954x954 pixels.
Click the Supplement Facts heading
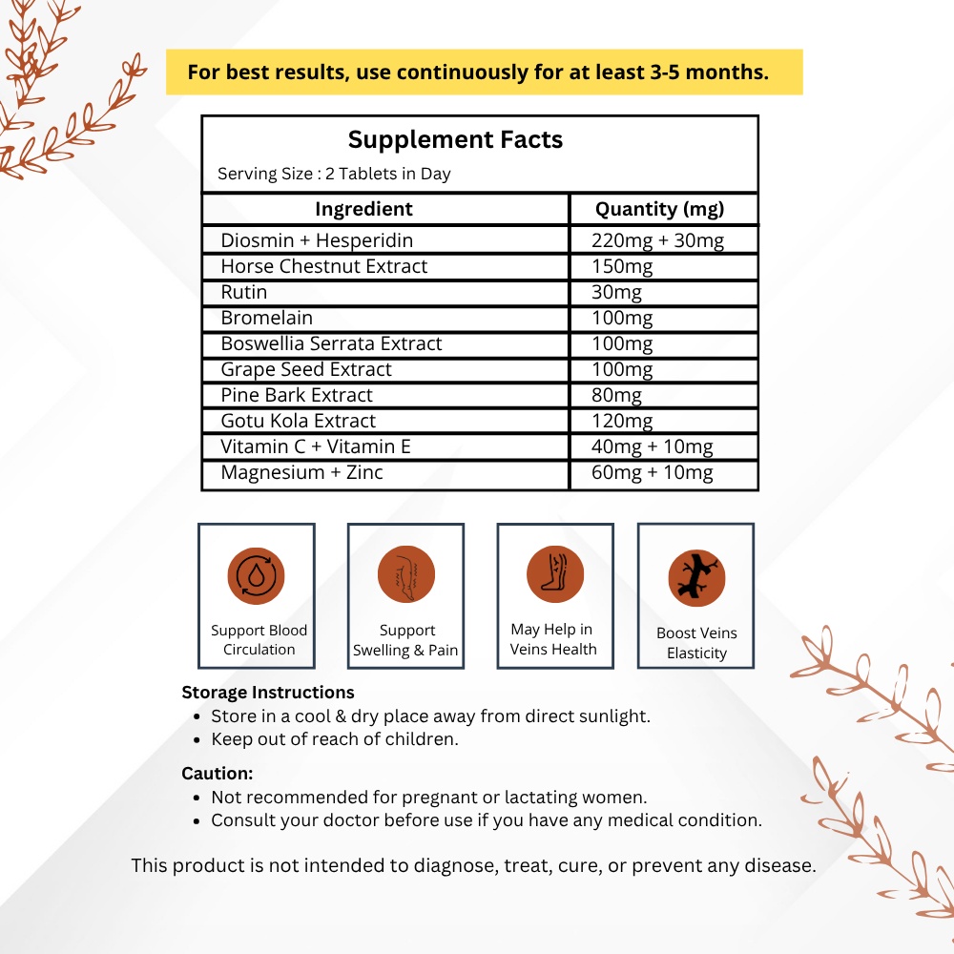(x=455, y=139)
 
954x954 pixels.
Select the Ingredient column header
(x=363, y=209)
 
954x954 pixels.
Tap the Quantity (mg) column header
(x=659, y=209)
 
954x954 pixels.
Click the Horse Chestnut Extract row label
(x=324, y=266)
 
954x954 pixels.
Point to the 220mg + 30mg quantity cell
(x=657, y=240)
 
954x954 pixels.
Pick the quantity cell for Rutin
(x=616, y=292)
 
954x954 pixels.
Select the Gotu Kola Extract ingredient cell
(x=298, y=421)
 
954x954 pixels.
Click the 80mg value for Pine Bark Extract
(x=616, y=395)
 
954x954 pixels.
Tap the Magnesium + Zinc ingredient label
(x=301, y=472)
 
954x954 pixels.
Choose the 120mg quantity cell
(x=622, y=421)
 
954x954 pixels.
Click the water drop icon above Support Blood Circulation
(x=257, y=575)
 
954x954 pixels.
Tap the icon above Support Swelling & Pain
(x=406, y=575)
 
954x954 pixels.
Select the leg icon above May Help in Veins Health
(x=555, y=574)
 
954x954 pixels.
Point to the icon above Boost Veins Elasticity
(x=696, y=578)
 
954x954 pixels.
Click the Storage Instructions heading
(x=268, y=693)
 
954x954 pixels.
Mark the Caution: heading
(x=218, y=774)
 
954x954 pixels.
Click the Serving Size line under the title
(x=334, y=174)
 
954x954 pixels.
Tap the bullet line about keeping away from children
(x=334, y=739)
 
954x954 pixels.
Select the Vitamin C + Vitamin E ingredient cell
(x=315, y=446)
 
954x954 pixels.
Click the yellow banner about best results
(x=484, y=73)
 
